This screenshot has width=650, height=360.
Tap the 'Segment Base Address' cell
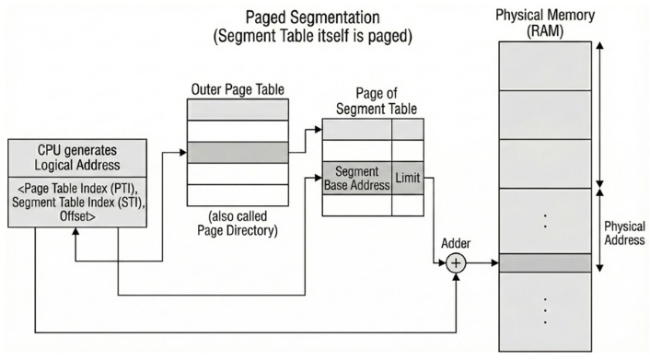(357, 178)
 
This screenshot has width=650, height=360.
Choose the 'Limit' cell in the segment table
(408, 176)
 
